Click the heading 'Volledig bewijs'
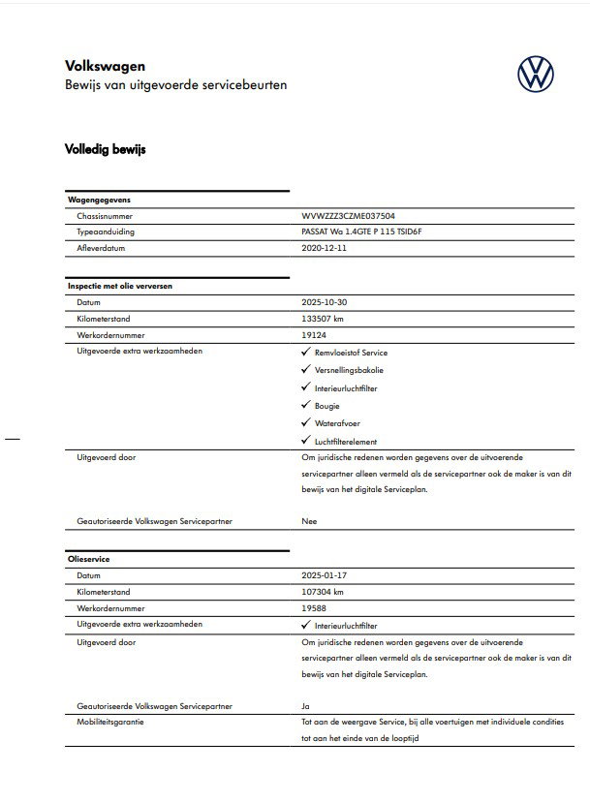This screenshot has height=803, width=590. point(105,150)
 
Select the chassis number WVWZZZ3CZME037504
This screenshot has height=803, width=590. point(348,217)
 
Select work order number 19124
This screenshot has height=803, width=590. point(313,333)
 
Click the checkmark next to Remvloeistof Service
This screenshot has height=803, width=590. point(306,354)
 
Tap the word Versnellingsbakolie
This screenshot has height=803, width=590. point(348,371)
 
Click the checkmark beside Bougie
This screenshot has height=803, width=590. point(306,406)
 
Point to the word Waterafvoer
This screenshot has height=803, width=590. point(338,423)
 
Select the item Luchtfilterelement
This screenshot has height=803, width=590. point(347,442)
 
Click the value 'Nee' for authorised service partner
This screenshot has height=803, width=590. point(309,521)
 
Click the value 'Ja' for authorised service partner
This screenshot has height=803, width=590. point(306,706)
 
